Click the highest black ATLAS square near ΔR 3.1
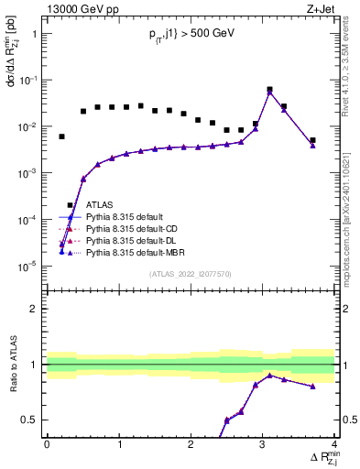[x=269, y=90]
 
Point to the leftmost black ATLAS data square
[x=61, y=136]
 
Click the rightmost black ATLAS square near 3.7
[x=312, y=140]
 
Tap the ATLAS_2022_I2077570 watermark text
[x=190, y=272]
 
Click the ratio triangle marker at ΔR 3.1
[x=269, y=375]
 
